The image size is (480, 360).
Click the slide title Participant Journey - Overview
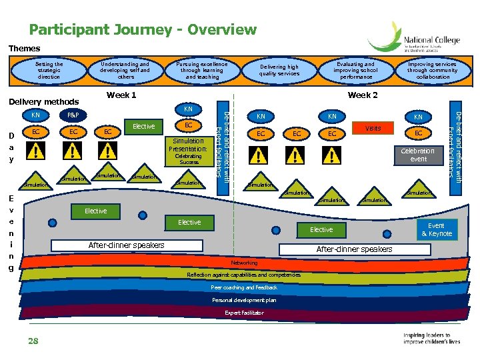[x=142, y=30]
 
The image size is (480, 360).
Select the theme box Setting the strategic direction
[x=49, y=71]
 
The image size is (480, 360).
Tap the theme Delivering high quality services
[x=279, y=71]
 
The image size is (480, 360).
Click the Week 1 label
[x=121, y=95]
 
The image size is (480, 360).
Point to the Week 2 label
[x=363, y=95]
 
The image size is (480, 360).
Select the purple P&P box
[x=72, y=115]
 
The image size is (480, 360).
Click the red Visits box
[x=373, y=128]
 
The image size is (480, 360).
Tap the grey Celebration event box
[x=418, y=155]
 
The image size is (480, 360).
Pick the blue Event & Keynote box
[x=440, y=229]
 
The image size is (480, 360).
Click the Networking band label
[x=244, y=263]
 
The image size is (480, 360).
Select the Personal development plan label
[x=244, y=300]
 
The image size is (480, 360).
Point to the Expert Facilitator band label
[x=244, y=313]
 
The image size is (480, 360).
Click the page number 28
[x=33, y=341]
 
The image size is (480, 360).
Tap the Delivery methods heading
[x=43, y=102]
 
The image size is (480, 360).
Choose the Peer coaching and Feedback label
[x=244, y=287]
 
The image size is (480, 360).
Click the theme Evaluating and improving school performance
[x=355, y=71]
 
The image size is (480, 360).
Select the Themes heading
[x=24, y=49]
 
